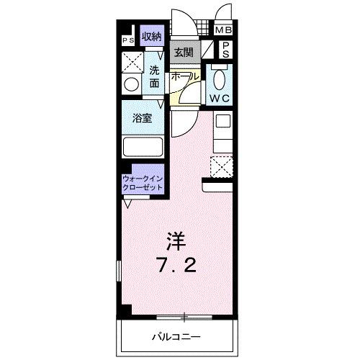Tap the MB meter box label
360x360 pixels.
point(225,30)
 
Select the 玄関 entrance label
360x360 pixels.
point(183,53)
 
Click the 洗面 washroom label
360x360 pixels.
point(154,77)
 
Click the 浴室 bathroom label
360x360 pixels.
point(141,119)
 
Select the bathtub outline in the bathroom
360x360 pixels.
point(143,147)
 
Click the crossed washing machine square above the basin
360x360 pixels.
point(132,62)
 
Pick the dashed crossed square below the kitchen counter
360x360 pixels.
point(222,167)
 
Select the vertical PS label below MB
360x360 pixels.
point(225,50)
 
